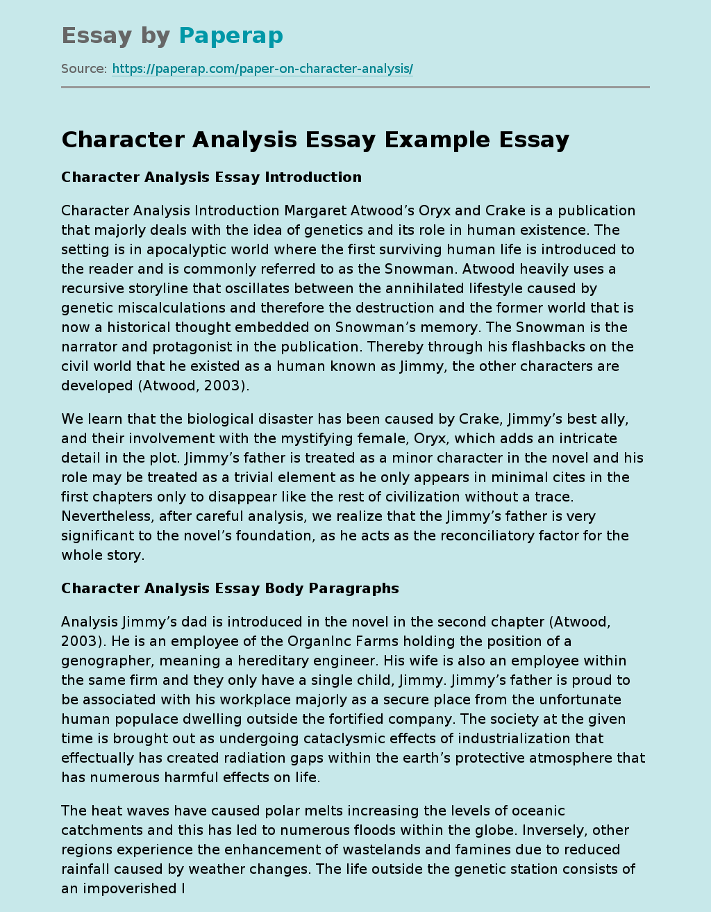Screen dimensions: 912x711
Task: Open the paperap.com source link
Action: coord(262,69)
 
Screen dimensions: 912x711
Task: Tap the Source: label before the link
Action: coord(83,69)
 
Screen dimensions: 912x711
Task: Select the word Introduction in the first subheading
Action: coord(313,177)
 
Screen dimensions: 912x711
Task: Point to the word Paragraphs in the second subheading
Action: coord(353,588)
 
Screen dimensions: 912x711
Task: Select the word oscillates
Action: coord(222,288)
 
